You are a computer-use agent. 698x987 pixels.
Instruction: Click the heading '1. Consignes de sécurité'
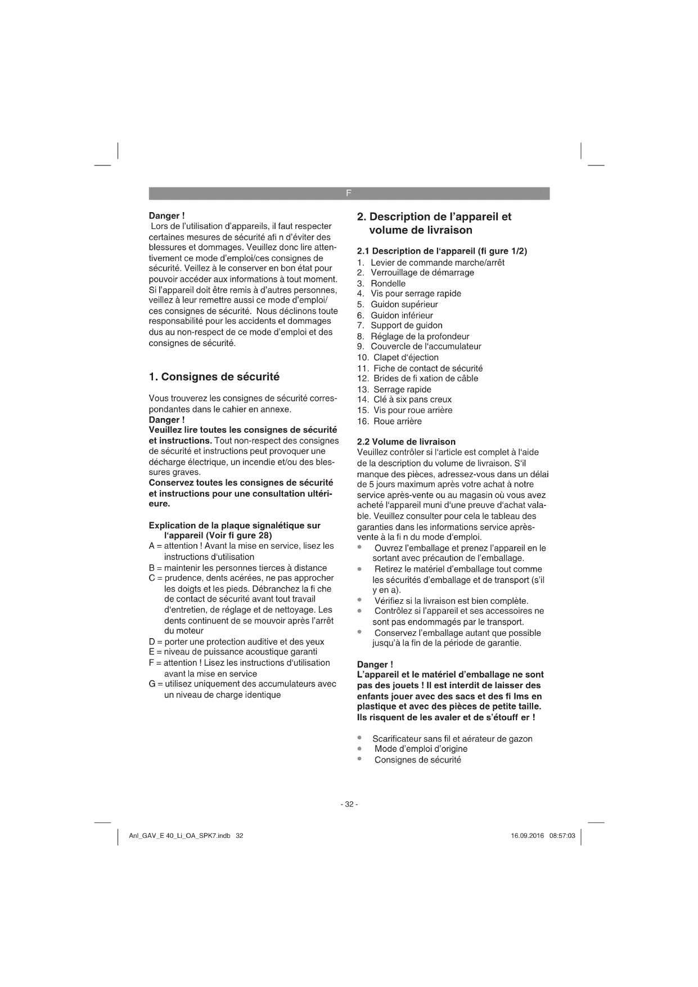(214, 377)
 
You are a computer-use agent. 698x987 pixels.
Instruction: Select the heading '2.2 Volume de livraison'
(406, 442)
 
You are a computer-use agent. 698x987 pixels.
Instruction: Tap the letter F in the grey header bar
(349, 193)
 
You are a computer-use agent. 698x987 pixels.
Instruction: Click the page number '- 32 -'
(349, 804)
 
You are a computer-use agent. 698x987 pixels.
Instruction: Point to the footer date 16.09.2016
(527, 836)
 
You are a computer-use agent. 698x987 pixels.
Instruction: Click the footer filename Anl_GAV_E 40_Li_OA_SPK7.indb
(179, 836)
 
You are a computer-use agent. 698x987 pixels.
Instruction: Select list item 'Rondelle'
(388, 284)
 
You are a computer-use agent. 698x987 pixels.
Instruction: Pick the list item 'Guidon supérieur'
(404, 304)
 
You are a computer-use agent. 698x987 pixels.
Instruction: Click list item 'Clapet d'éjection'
(406, 357)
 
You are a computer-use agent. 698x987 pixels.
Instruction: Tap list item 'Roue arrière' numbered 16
(397, 421)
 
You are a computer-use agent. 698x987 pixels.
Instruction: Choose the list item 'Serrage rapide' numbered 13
(402, 389)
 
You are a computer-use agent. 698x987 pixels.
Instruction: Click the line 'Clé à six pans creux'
(412, 400)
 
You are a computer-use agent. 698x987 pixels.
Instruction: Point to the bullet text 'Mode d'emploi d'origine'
(421, 749)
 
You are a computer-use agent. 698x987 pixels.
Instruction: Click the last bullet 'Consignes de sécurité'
(417, 760)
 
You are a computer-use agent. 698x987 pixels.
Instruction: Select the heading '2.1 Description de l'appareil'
(442, 251)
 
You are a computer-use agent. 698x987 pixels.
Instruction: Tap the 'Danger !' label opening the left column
(166, 216)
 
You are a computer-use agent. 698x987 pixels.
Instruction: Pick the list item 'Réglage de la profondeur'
(420, 337)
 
